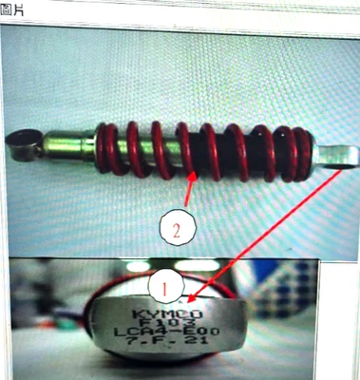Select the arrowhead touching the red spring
192,175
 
